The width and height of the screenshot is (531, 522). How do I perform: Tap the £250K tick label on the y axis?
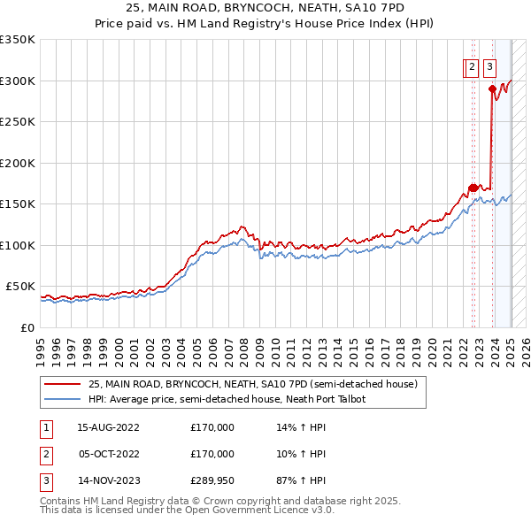17,122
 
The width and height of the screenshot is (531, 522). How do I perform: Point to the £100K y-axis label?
17,245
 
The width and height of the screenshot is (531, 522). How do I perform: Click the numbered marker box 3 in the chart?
490,65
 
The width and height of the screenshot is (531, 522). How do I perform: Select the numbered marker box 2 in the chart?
472,65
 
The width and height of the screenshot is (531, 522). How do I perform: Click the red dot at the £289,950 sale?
491,87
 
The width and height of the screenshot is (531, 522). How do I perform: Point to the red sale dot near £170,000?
473,188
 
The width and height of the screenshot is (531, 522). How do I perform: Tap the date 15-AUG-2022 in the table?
109,427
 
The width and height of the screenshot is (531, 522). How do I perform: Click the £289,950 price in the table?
212,482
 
